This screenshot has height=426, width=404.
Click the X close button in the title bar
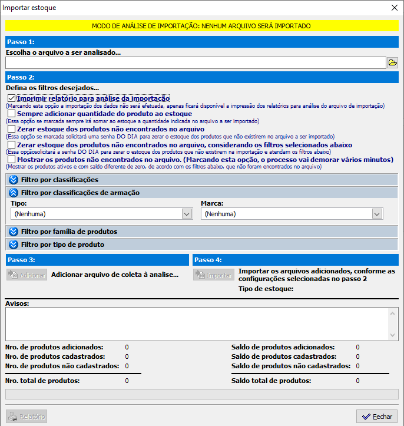(x=394, y=8)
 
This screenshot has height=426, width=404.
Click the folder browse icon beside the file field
(x=392, y=62)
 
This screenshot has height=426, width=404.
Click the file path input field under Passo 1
(x=196, y=62)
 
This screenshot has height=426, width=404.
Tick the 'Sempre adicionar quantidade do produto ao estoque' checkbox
(x=12, y=113)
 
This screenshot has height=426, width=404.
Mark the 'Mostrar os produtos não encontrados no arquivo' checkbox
(x=12, y=159)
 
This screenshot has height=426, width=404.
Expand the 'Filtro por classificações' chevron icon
(x=14, y=179)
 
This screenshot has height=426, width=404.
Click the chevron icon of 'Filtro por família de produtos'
(x=14, y=231)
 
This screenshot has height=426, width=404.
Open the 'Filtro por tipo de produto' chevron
(x=14, y=244)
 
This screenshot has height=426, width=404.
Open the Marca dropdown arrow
(x=377, y=214)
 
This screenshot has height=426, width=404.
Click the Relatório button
(x=27, y=417)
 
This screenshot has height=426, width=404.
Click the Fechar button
(x=377, y=417)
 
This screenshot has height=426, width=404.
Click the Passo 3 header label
(x=21, y=259)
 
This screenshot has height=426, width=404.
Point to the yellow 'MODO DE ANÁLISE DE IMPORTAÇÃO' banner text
(x=201, y=26)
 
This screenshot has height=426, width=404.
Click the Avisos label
(x=17, y=303)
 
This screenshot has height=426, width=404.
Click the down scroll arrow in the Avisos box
(x=393, y=334)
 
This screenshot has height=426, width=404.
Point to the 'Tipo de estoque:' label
(x=266, y=289)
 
